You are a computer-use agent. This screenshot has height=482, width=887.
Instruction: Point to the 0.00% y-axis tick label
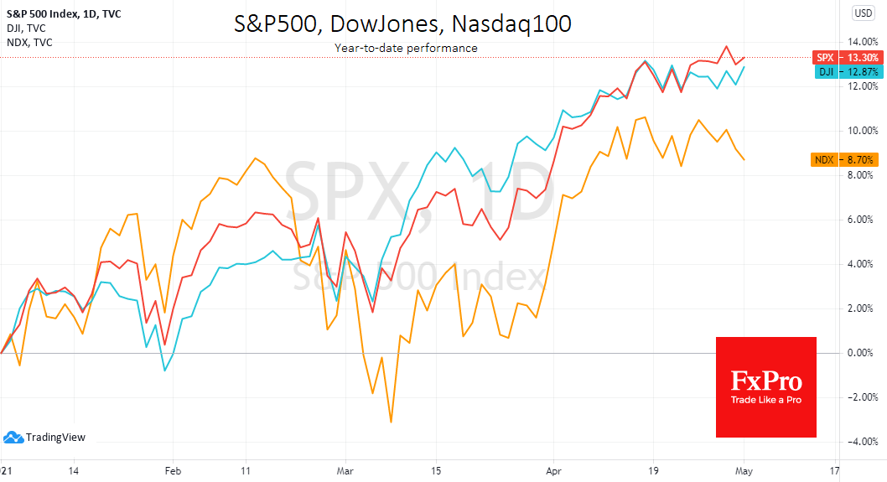pos(864,353)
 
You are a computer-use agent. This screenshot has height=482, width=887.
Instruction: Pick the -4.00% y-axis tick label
pos(863,442)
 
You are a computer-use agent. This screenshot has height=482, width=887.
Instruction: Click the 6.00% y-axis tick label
pos(864,220)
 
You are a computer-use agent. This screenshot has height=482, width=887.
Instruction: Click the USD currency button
pos(863,13)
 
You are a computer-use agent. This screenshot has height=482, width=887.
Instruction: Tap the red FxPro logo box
pos(765,386)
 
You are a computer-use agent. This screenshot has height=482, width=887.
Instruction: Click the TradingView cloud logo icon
pos(13,437)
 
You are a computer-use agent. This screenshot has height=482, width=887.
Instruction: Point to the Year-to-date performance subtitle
pos(406,48)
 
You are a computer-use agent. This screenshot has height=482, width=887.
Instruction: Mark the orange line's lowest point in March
pos(391,422)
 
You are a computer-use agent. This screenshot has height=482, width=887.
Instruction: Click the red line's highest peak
pos(727,46)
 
